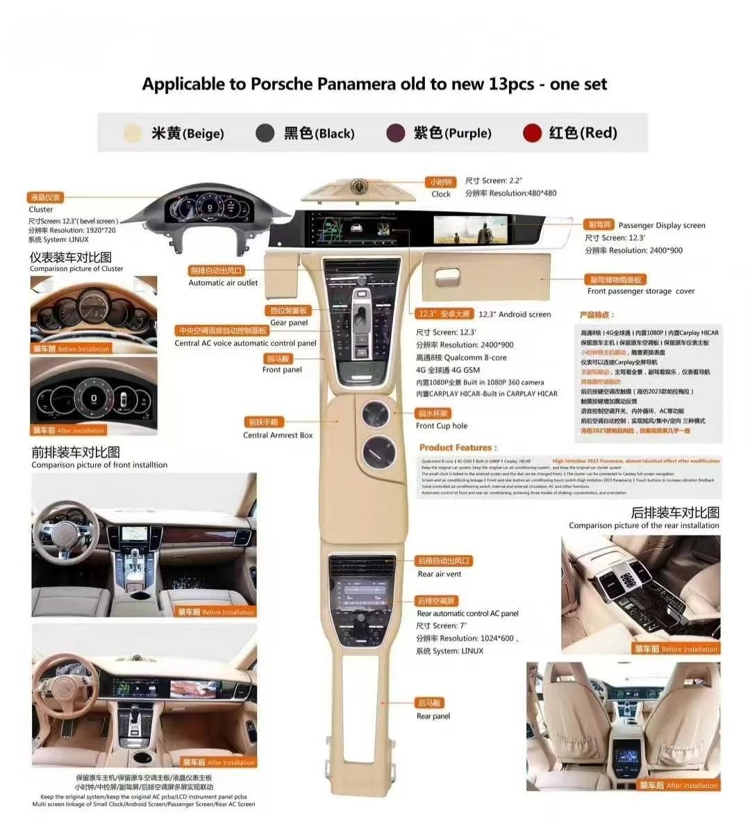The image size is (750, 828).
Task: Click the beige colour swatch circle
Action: point(133,133)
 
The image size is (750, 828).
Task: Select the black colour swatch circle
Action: point(265,133)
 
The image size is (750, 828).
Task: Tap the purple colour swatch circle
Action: point(395,133)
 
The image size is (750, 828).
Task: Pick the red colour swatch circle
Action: point(532,133)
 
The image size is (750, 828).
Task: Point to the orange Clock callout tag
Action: point(441,182)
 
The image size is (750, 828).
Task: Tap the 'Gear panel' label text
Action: point(289,322)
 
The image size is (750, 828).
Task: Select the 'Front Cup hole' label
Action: point(442,426)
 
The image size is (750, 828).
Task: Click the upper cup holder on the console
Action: point(378,415)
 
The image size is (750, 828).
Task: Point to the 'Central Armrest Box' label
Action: point(278,436)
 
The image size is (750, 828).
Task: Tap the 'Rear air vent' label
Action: point(440,574)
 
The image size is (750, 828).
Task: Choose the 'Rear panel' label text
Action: point(433,716)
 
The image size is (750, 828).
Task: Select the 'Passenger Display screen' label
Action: point(662,225)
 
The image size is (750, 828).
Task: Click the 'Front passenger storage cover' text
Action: point(641,291)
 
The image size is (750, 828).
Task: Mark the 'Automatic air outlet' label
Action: point(223,283)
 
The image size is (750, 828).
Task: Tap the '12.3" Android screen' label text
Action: point(515,315)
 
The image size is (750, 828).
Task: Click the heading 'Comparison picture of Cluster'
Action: point(76,269)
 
